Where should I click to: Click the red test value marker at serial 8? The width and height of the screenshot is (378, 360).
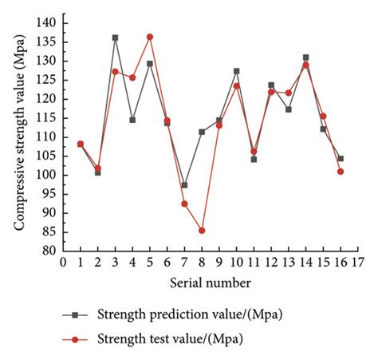point(202,230)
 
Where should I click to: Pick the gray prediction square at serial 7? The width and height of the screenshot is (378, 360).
point(184,185)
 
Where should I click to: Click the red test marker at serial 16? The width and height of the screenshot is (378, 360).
point(341,171)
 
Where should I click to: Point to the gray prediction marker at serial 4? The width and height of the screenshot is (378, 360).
point(132,120)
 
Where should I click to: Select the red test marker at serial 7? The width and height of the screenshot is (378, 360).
point(184,204)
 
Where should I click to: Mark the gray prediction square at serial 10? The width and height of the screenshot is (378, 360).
point(236,71)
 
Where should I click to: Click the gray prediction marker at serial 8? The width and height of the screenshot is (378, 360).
point(202,132)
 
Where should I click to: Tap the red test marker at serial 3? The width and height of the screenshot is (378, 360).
point(115,72)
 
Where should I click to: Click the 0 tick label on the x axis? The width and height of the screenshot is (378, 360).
point(63,263)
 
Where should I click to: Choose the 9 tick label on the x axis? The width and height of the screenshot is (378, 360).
point(219,263)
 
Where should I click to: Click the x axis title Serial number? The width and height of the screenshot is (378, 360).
point(211,283)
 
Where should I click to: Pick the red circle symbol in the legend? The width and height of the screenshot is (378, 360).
point(74,339)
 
